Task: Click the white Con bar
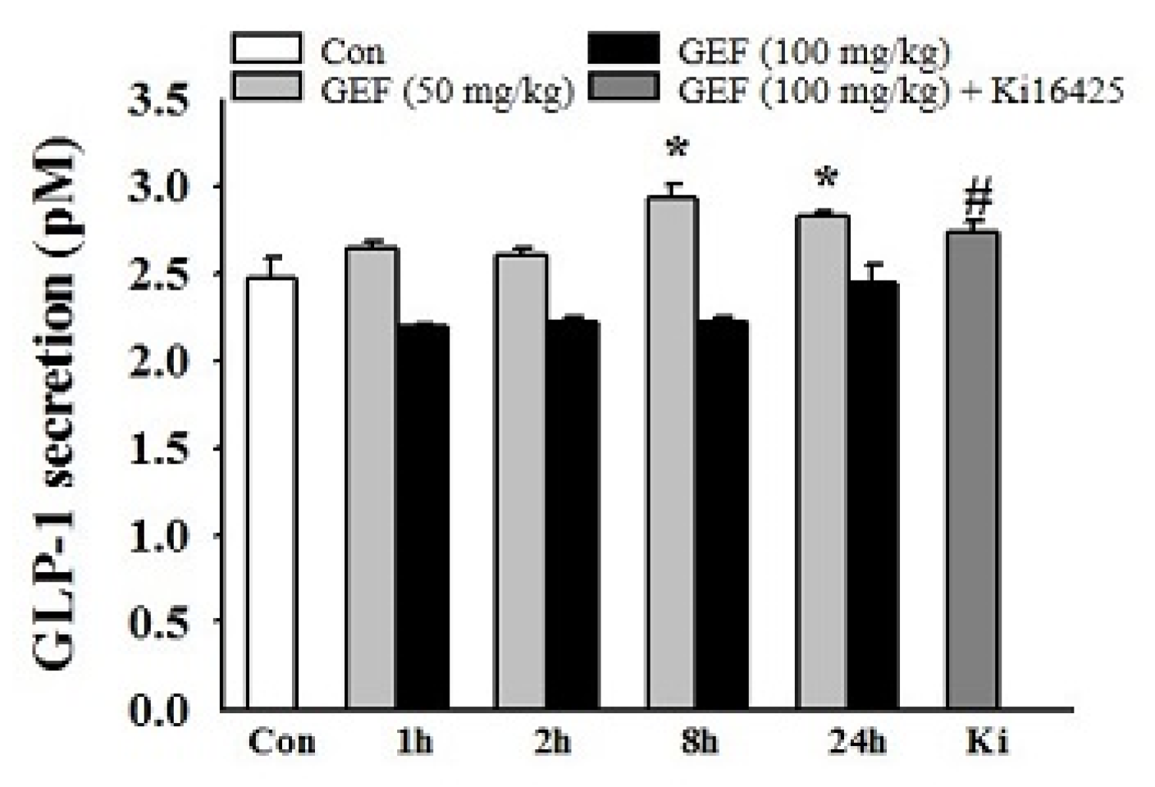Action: pos(272,492)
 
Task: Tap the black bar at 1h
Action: pos(422,516)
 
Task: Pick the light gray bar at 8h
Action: pos(672,452)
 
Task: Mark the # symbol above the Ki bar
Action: pos(978,199)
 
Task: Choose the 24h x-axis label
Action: pos(856,742)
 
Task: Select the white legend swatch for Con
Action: pos(267,49)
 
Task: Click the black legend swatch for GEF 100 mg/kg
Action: pos(623,49)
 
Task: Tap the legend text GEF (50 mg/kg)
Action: pos(447,89)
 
